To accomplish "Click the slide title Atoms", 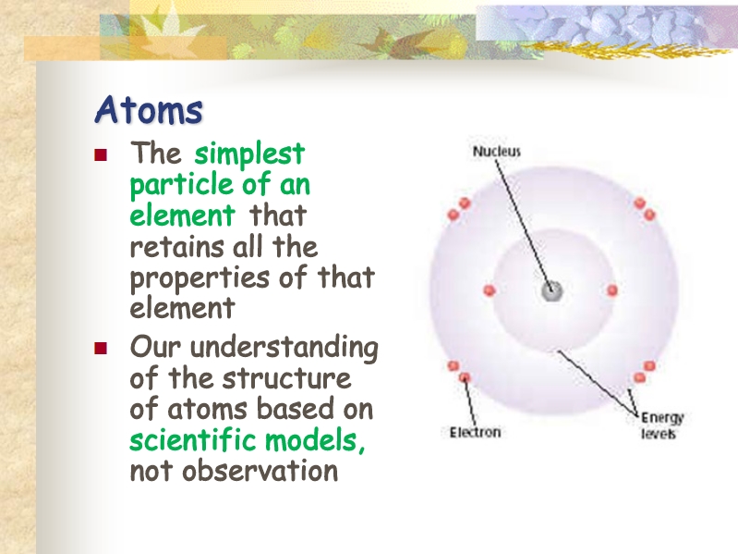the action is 149,110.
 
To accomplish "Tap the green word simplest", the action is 249,154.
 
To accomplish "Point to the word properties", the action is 200,278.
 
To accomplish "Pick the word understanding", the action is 284,348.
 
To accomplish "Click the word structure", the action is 286,378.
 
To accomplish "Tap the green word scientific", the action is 193,439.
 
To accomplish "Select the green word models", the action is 314,440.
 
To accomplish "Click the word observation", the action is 260,471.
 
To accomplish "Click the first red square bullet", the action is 101,155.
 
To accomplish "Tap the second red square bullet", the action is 101,348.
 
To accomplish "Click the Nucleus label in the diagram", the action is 497,152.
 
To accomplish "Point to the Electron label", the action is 475,432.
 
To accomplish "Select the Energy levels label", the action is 661,425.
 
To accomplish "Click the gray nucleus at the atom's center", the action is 551,291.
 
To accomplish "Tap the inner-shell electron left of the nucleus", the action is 490,290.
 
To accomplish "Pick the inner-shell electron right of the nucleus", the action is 612,290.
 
